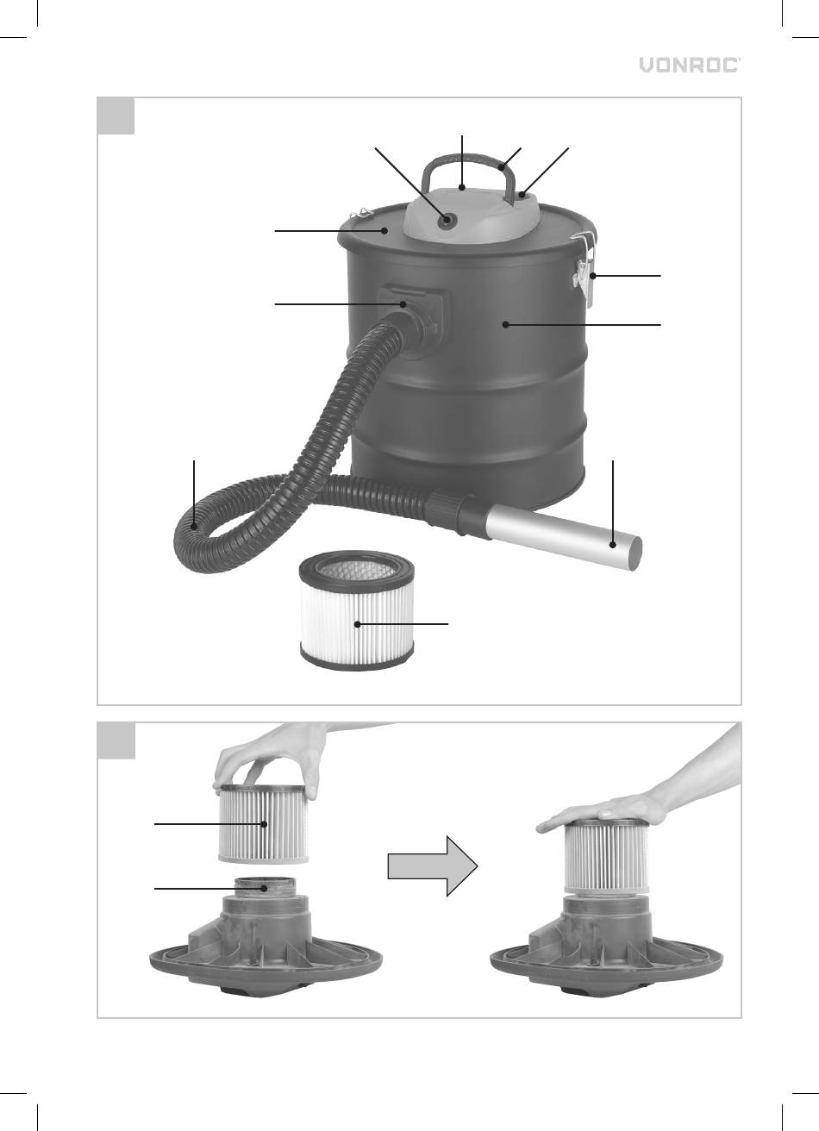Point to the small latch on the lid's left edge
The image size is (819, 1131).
click(359, 214)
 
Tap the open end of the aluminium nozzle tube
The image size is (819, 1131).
click(636, 553)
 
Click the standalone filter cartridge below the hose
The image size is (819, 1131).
click(357, 610)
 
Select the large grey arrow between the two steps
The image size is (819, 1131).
click(433, 865)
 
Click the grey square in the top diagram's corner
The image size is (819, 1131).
click(116, 116)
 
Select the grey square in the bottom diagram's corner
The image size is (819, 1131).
click(116, 740)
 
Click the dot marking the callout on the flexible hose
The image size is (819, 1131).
click(194, 527)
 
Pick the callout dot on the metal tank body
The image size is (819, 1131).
click(505, 325)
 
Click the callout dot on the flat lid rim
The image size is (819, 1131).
click(384, 231)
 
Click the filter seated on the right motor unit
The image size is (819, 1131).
click(605, 856)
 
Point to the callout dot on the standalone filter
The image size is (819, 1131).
click(358, 624)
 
